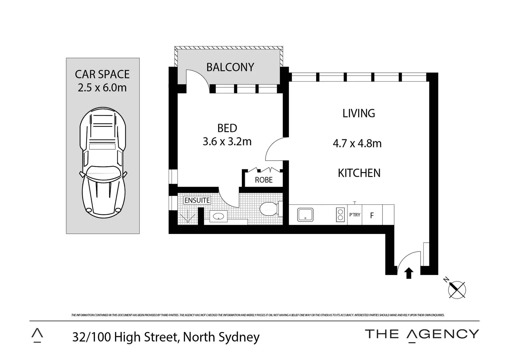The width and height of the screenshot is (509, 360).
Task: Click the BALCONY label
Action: pos(230,67)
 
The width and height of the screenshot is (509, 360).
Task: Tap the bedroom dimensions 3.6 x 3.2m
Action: pos(227,142)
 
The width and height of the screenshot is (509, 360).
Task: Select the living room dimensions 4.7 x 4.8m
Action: pos(357,143)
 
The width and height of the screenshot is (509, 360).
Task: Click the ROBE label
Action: pos(263,180)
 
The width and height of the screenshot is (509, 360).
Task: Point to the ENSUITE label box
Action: pos(197,200)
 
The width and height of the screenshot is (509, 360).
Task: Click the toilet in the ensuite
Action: pos(268,209)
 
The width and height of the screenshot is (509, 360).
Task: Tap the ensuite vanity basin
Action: pos(218,216)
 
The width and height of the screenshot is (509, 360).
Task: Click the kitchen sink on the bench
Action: pos(305,215)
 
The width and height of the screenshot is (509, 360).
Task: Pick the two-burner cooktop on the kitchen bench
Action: pos(340,215)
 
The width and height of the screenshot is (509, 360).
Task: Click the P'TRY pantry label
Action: pos(355,215)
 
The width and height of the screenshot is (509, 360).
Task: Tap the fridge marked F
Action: pos(372,215)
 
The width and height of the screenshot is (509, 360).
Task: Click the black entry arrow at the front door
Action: pos(409,273)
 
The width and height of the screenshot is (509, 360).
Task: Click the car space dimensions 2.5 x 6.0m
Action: pos(102,88)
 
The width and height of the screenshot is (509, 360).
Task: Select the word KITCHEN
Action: pos(359,173)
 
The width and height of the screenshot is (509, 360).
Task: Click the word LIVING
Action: pos(359,113)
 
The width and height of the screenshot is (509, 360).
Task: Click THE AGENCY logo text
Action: pos(422,334)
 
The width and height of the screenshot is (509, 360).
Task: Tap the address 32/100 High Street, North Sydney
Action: pos(166,337)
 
